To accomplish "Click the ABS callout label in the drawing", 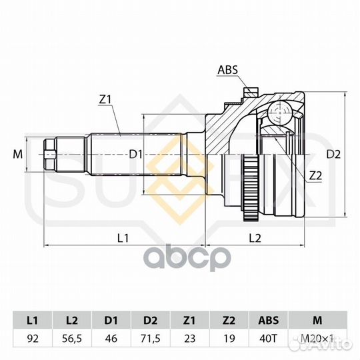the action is (x=227, y=70).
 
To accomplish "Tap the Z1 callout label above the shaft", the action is (x=105, y=99).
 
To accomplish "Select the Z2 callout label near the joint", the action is (x=315, y=175).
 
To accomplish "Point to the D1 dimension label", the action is (x=136, y=154).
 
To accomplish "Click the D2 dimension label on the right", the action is (x=333, y=155).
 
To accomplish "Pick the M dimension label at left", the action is (x=18, y=154).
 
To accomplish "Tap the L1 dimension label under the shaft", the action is (x=123, y=238).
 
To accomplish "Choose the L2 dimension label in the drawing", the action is (x=255, y=238).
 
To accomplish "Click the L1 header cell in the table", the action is (x=33, y=320).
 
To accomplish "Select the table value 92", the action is (x=33, y=339).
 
